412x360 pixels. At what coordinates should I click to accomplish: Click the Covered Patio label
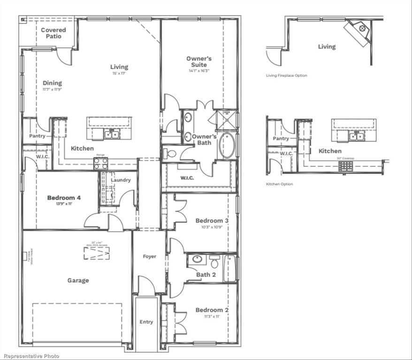[x=53, y=33]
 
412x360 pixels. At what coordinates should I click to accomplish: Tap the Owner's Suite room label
[x=199, y=61]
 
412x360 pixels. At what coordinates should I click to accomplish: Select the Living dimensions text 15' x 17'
[x=119, y=74]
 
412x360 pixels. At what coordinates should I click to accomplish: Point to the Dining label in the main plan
[x=52, y=83]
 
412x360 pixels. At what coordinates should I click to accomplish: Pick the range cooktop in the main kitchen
[x=100, y=163]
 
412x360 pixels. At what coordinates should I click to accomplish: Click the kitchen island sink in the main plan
[x=112, y=135]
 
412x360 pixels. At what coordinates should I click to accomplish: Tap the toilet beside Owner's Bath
[x=170, y=153]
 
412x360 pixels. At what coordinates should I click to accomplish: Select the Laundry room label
[x=121, y=180]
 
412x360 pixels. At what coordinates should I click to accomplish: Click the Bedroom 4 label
[x=64, y=198]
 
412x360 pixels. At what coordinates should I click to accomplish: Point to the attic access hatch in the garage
[x=97, y=253]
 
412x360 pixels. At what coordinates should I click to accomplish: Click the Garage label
[x=78, y=280]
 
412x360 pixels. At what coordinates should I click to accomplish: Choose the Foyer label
[x=149, y=256]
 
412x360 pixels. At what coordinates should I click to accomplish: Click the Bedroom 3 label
[x=212, y=220]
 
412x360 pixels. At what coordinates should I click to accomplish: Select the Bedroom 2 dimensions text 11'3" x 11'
[x=212, y=316]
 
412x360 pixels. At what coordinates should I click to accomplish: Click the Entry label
[x=146, y=322]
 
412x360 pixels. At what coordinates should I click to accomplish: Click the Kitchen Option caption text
[x=279, y=184]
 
